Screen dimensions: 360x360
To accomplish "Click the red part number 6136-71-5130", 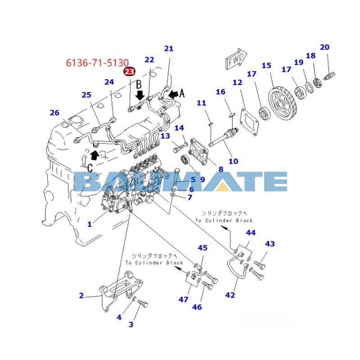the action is (97, 63).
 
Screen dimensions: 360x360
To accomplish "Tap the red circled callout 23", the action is (130, 72).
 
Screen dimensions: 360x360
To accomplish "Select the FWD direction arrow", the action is (236, 59).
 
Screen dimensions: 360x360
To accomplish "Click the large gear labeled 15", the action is (283, 104).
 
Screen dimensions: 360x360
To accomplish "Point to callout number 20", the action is (324, 47).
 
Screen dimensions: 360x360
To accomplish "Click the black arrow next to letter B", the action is (140, 95).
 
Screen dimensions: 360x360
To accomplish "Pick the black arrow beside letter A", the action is (174, 94).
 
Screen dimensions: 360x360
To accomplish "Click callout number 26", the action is (54, 113).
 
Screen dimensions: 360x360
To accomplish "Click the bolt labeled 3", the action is (143, 304).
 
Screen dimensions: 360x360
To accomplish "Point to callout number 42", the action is (230, 295).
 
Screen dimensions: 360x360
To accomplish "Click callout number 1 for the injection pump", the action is (90, 224).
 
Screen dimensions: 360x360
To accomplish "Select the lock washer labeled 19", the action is (309, 87).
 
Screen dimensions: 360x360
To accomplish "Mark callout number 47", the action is (184, 299).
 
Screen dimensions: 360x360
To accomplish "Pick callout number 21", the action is (169, 49).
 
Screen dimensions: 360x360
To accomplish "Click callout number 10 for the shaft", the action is (233, 161).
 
